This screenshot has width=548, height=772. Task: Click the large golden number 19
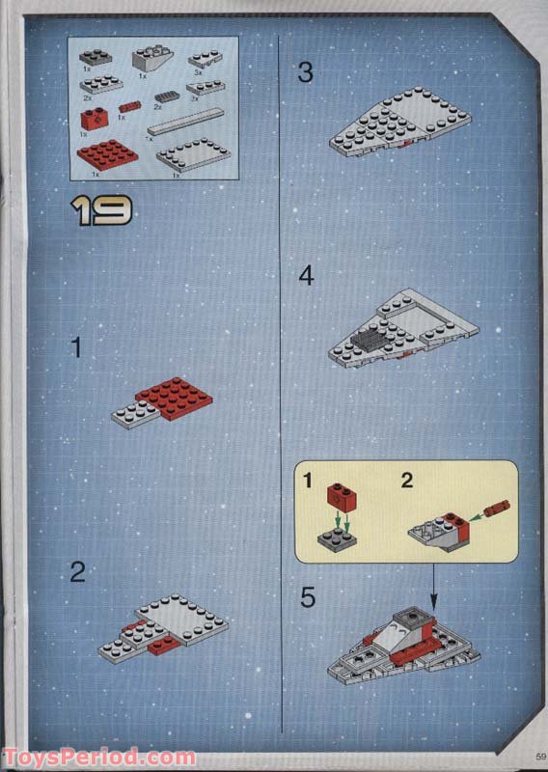[x=101, y=209]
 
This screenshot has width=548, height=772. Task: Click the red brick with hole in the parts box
[x=93, y=120]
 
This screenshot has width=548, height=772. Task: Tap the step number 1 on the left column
[x=76, y=348]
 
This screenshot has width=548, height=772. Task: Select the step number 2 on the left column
[x=77, y=572]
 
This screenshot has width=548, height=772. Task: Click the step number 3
[x=306, y=72]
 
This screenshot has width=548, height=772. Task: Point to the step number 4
[x=306, y=276]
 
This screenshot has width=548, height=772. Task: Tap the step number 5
[x=307, y=598]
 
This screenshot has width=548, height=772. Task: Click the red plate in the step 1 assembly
[x=174, y=396]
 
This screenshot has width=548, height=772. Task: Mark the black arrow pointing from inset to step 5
[x=432, y=579]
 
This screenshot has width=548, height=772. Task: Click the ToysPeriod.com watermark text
[x=98, y=758]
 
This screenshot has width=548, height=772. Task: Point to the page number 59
[x=537, y=755]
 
